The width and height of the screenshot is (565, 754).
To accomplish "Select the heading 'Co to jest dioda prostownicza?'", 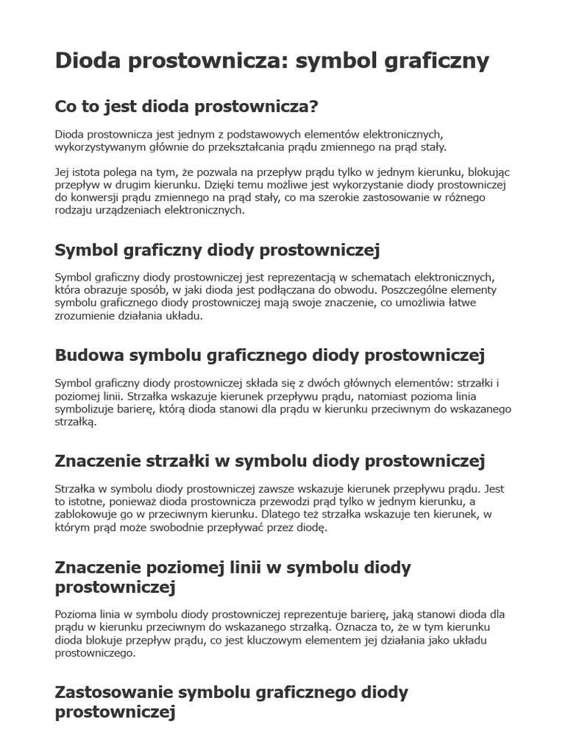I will (186, 107).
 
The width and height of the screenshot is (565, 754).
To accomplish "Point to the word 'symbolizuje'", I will (85, 409).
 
